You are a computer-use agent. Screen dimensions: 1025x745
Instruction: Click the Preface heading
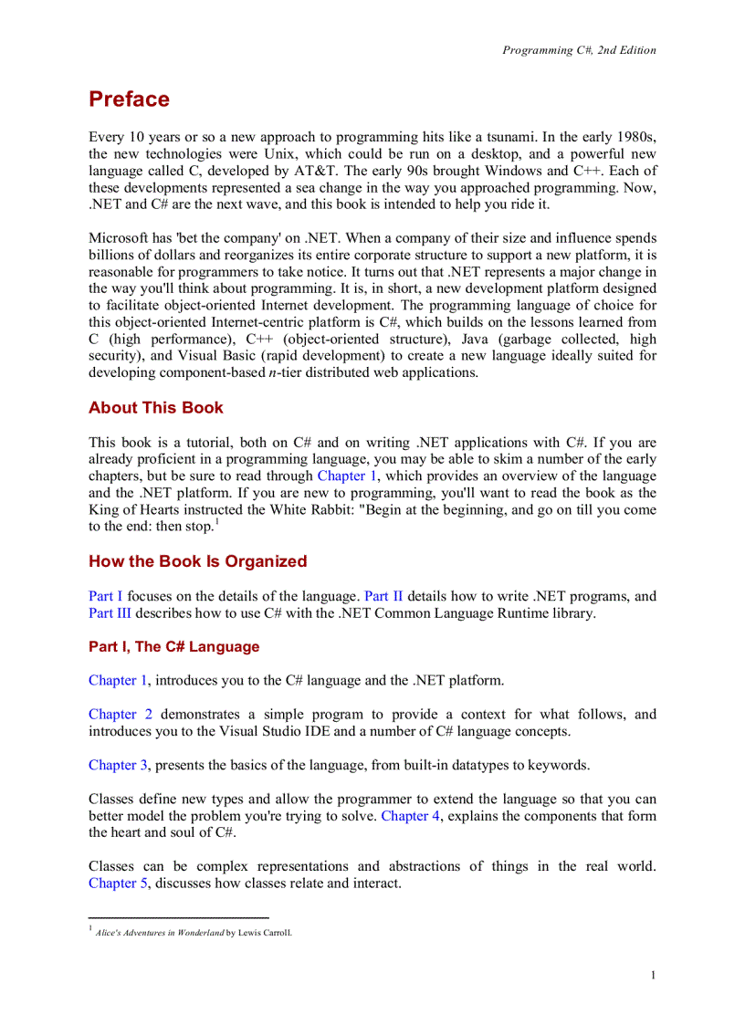(129, 99)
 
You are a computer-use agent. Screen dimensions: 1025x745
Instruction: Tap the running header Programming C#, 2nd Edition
(579, 50)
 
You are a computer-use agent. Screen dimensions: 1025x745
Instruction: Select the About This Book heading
(155, 408)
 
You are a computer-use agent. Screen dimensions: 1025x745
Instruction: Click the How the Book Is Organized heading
(197, 561)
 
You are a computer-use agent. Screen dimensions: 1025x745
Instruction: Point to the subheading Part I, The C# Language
(173, 647)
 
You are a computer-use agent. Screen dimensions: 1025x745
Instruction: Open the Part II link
(383, 597)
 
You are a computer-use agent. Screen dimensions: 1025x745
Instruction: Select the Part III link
(110, 613)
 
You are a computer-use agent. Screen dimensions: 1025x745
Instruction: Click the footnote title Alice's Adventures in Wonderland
(160, 933)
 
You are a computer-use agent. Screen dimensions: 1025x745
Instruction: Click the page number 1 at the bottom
(653, 976)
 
